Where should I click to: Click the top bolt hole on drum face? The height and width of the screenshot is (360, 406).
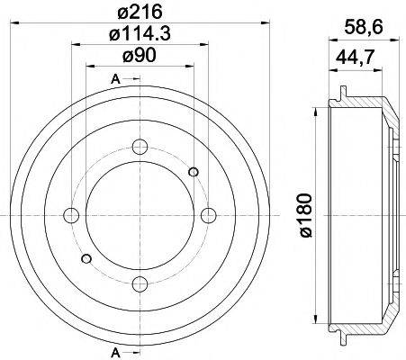coord(139,147)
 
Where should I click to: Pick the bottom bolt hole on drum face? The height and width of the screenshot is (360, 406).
coord(139,283)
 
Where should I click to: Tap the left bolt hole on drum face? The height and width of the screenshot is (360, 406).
coord(70,215)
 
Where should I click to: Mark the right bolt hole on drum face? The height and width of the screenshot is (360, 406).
coord(208,215)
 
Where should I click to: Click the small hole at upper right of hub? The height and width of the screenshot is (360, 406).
coord(194,171)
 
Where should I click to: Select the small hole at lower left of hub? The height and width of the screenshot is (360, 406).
coord(86,259)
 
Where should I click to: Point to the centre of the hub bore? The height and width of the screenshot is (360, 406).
coord(139,215)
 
